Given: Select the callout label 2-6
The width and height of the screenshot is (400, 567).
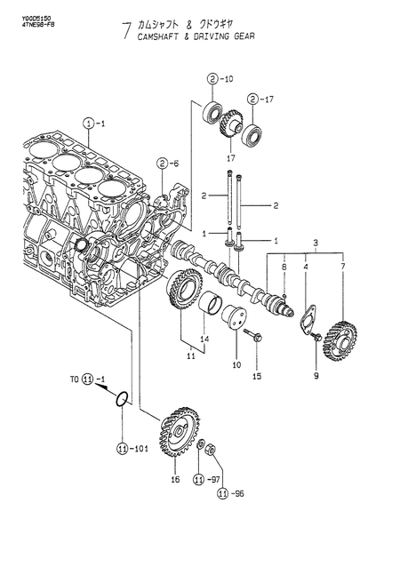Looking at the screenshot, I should pyautogui.click(x=165, y=164).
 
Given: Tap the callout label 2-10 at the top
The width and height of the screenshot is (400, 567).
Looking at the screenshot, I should pyautogui.click(x=220, y=79).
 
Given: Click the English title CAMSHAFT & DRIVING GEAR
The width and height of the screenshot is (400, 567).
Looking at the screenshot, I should pyautogui.click(x=193, y=40).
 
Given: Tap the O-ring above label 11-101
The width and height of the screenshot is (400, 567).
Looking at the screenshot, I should pyautogui.click(x=125, y=400).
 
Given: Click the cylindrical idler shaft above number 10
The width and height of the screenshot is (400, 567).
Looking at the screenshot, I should pyautogui.click(x=237, y=319).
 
